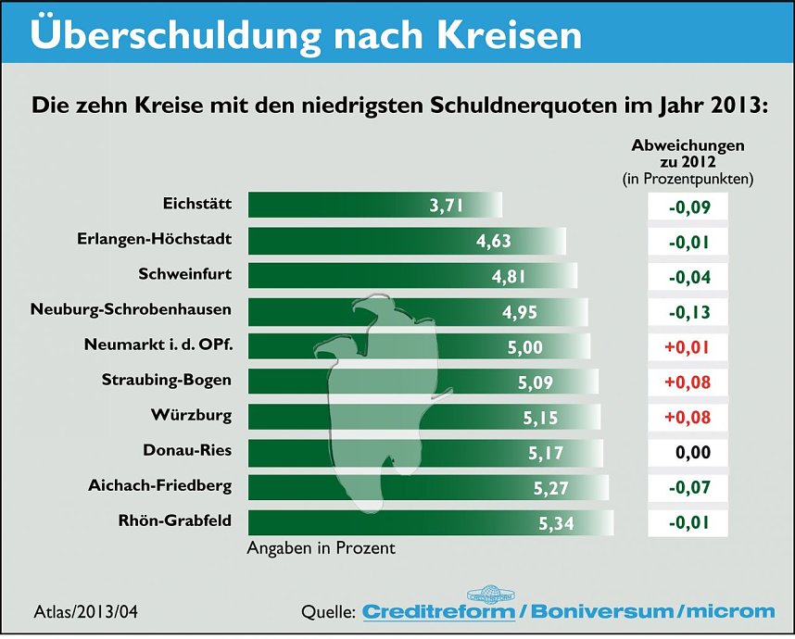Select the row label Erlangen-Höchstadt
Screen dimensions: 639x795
(x=154, y=240)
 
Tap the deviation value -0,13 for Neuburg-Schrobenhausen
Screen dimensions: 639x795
(x=688, y=312)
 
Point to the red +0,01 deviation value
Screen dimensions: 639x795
(x=688, y=347)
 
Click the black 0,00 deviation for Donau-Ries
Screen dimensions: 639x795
(x=688, y=453)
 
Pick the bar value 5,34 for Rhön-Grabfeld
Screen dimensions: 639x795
(x=556, y=524)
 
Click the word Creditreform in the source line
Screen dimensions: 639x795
(x=437, y=611)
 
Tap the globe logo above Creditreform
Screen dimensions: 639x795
(x=489, y=593)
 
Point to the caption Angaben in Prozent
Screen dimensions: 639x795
(x=321, y=548)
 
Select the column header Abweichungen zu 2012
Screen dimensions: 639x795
(x=688, y=154)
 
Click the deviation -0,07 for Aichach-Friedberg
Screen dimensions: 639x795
(x=688, y=488)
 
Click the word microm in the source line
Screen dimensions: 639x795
(x=729, y=611)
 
